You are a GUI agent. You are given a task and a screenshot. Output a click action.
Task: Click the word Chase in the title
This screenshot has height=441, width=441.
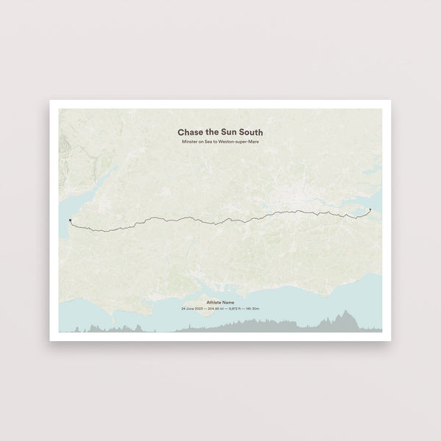pyautogui.click(x=190, y=132)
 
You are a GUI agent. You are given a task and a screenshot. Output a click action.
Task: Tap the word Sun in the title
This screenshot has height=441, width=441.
pyautogui.click(x=231, y=132)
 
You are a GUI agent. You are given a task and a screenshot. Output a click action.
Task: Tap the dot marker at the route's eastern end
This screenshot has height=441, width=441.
pyautogui.click(x=370, y=209)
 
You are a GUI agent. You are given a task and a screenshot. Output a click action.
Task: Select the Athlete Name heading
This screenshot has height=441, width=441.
pyautogui.click(x=220, y=302)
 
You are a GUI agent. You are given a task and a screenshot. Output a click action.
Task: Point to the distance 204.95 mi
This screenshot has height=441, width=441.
pyautogui.click(x=215, y=309)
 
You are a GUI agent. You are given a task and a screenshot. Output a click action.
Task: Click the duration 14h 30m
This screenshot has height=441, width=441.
pyautogui.click(x=254, y=309)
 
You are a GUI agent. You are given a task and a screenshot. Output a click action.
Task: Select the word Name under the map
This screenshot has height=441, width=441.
pyautogui.click(x=230, y=302)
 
